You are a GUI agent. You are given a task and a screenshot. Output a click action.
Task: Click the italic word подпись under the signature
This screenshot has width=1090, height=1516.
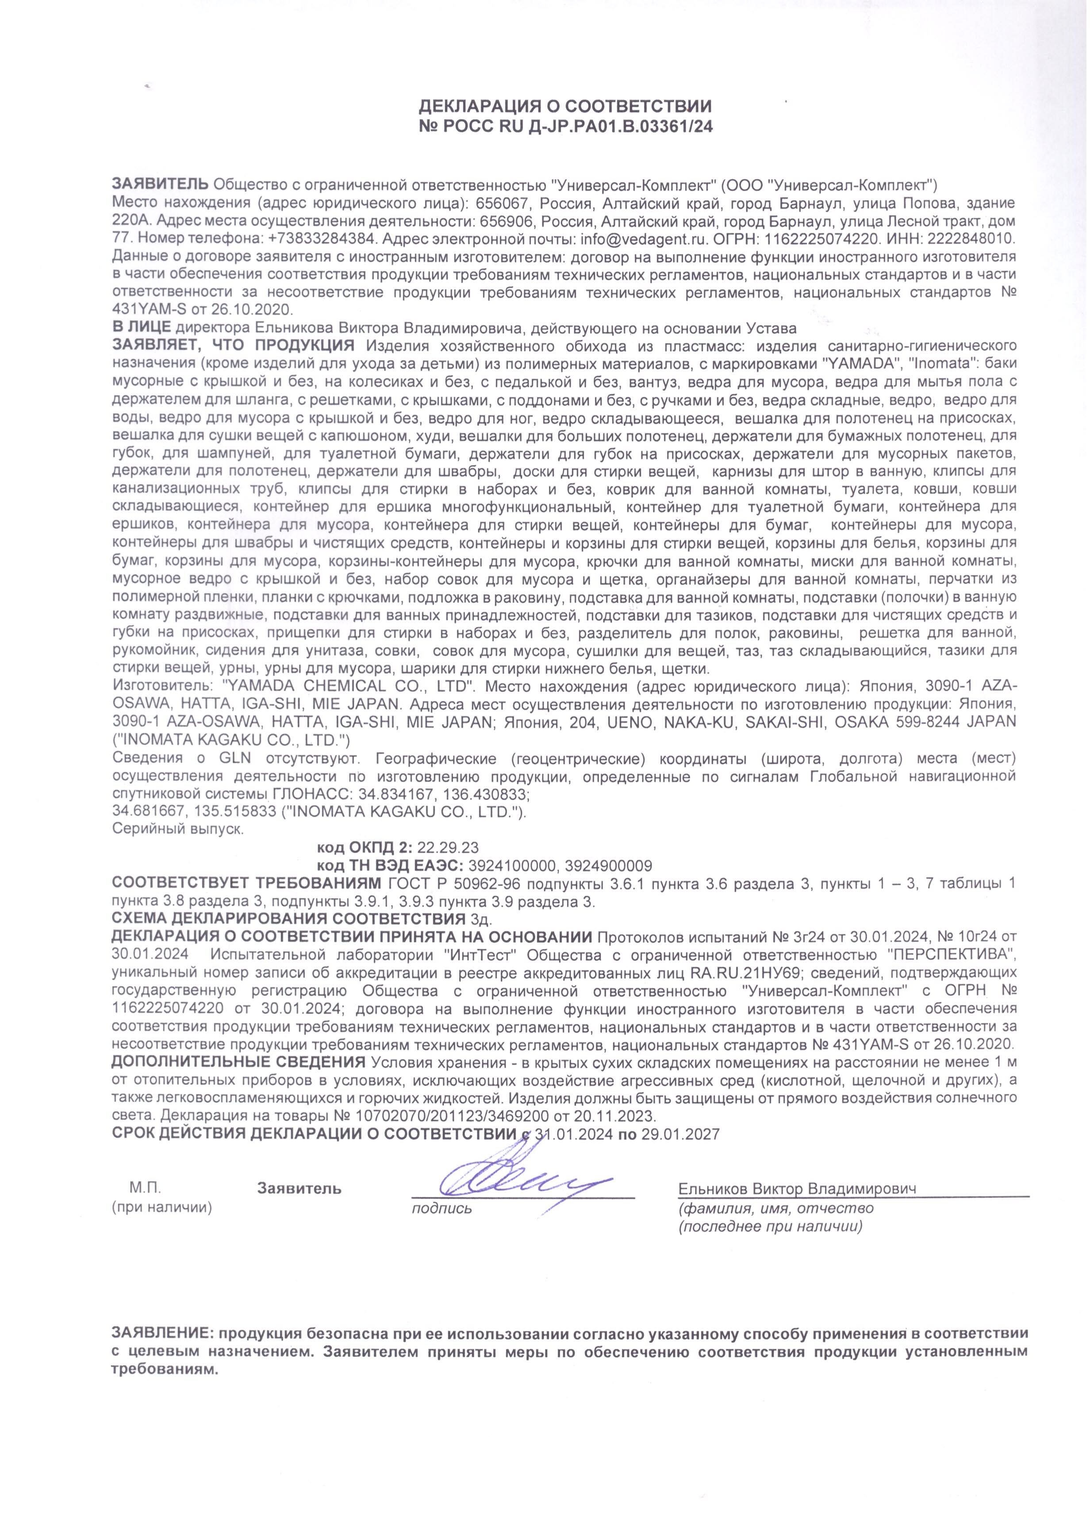[x=442, y=1208]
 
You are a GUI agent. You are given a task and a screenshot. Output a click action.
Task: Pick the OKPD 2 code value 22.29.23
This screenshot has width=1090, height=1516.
[x=447, y=847]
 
